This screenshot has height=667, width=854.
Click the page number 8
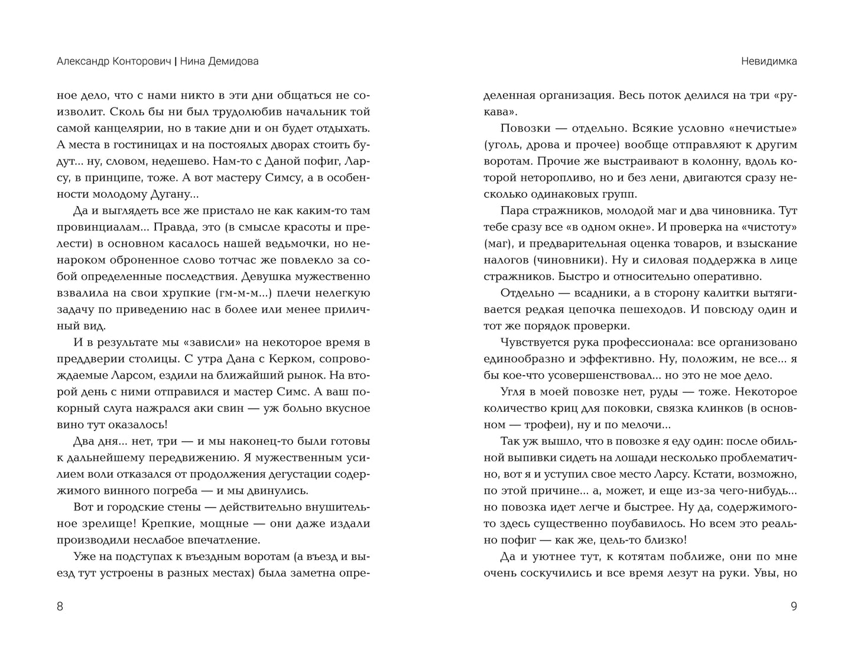click(x=60, y=606)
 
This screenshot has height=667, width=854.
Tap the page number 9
click(x=794, y=606)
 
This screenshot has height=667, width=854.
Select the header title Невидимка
click(x=768, y=61)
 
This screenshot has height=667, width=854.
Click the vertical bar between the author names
click(x=176, y=61)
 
